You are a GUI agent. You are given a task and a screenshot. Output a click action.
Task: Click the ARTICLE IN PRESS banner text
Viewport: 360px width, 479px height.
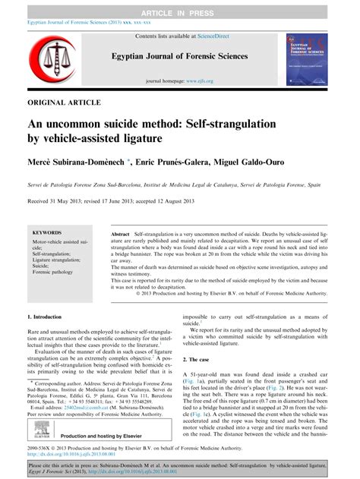pyautogui.click(x=180, y=7)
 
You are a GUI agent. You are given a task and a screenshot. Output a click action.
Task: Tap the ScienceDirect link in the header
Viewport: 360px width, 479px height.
pyautogui.click(x=210, y=36)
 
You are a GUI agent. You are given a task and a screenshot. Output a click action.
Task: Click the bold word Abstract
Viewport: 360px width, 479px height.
pyautogui.click(x=123, y=237)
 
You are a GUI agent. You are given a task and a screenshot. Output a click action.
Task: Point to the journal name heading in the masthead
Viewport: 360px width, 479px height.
pyautogui.click(x=180, y=58)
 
